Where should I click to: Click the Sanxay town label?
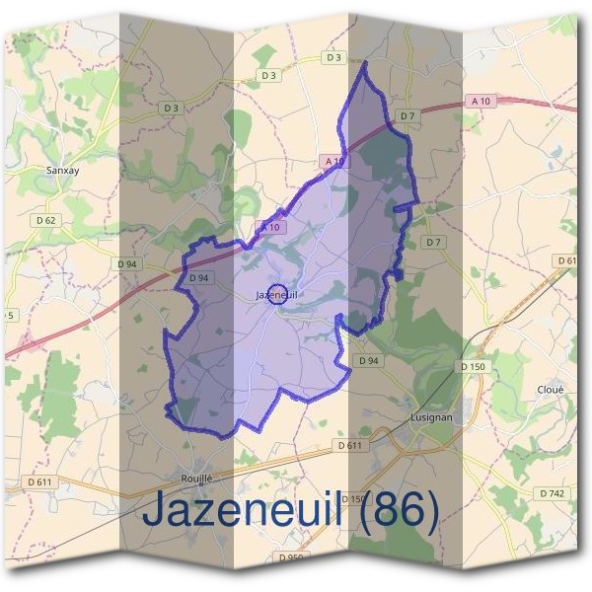[62, 170]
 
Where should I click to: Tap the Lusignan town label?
[430, 417]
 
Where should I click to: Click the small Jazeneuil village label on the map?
[275, 294]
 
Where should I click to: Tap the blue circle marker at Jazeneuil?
[277, 293]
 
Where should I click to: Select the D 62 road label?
[44, 219]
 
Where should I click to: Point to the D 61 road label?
[566, 259]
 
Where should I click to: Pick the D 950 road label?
[291, 557]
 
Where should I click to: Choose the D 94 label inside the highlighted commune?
[199, 278]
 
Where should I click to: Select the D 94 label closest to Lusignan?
[368, 361]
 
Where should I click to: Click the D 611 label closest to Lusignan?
[349, 446]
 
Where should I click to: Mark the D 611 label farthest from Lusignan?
[39, 481]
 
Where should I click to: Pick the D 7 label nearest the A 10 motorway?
[406, 116]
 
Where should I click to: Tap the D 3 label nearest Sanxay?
[172, 108]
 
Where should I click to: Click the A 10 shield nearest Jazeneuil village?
[270, 227]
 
